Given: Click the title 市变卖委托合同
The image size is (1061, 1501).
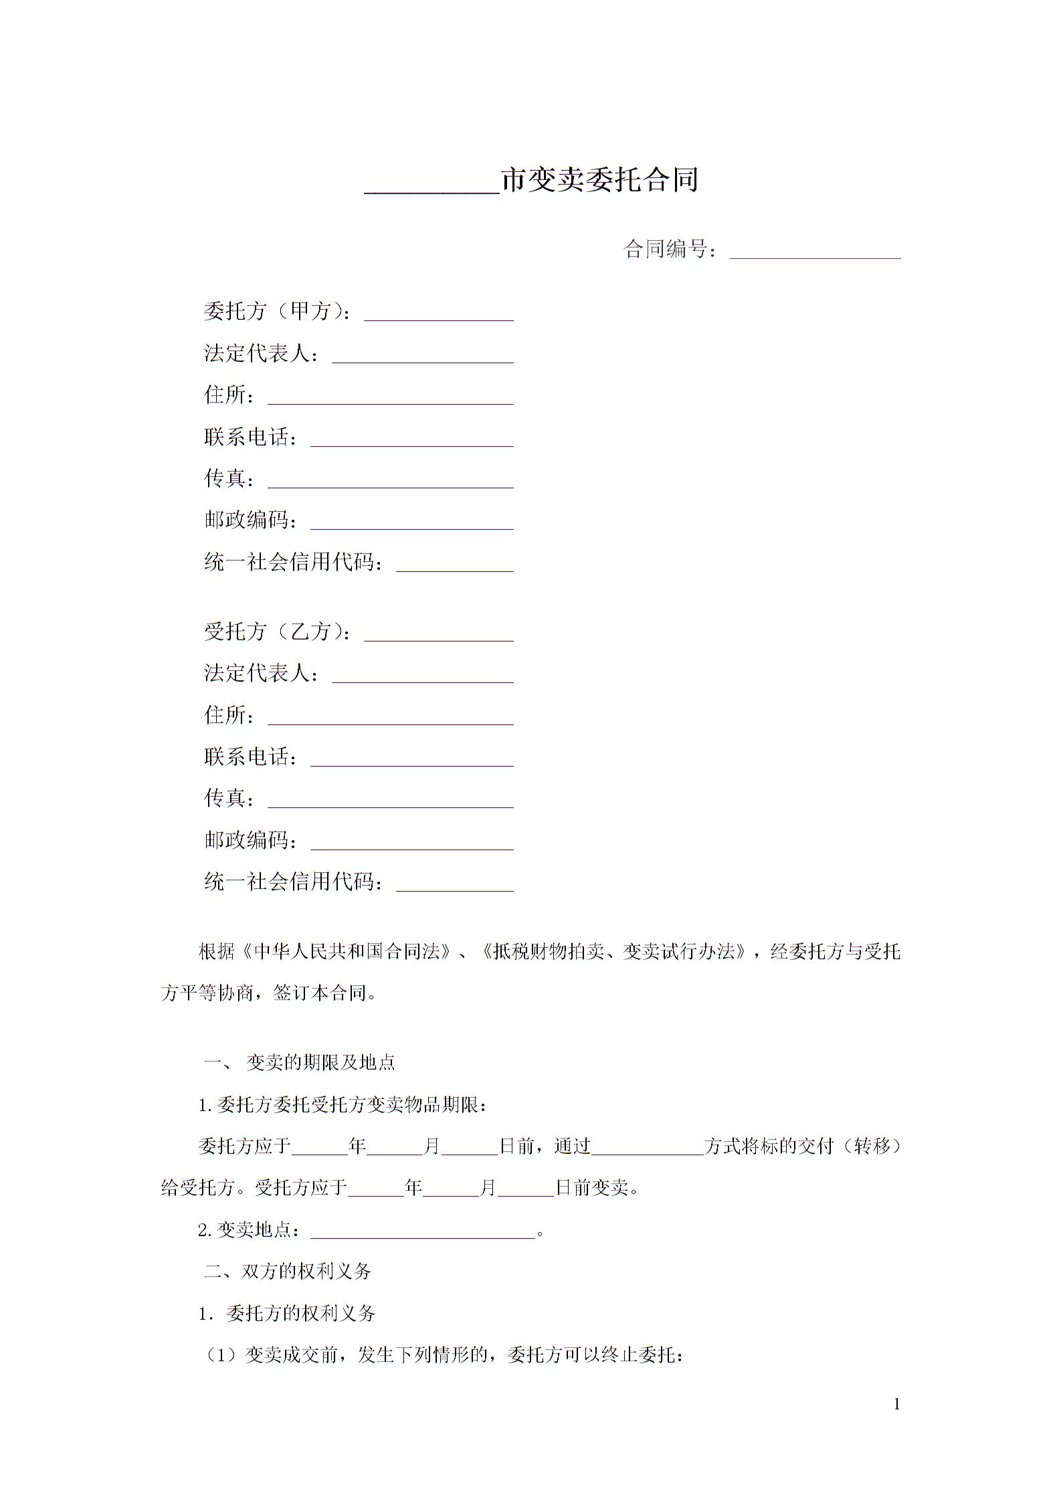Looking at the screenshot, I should (x=599, y=181).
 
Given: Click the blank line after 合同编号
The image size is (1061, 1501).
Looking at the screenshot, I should (x=814, y=252).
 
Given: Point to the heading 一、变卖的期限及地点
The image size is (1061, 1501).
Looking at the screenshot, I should (x=300, y=1063).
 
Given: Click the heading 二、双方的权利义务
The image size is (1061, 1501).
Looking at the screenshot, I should (x=288, y=1272).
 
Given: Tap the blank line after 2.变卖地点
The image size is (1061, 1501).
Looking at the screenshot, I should (x=423, y=1231).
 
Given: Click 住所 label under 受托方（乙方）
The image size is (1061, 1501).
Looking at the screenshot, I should (x=229, y=716).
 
